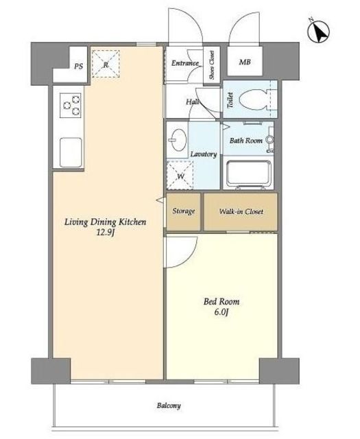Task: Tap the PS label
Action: pyautogui.click(x=79, y=67)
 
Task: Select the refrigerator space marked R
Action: pyautogui.click(x=106, y=64)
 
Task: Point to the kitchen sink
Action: pyautogui.click(x=71, y=152)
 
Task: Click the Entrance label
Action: pyautogui.click(x=185, y=63)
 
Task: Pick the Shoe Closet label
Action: pyautogui.click(x=212, y=64)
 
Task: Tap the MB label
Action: pyautogui.click(x=245, y=62)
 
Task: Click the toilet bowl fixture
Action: pyautogui.click(x=253, y=99)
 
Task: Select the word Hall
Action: pyautogui.click(x=193, y=102)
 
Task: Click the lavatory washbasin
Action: pyautogui.click(x=177, y=140)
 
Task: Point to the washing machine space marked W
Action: pyautogui.click(x=180, y=176)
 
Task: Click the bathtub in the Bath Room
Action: pyautogui.click(x=248, y=174)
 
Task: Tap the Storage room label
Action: pyautogui.click(x=184, y=211)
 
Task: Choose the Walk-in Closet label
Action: pyautogui.click(x=241, y=211)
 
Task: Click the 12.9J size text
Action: pyautogui.click(x=105, y=233)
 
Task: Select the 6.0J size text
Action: pyautogui.click(x=221, y=312)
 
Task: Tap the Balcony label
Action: pyautogui.click(x=169, y=405)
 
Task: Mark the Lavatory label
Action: pyautogui.click(x=204, y=154)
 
